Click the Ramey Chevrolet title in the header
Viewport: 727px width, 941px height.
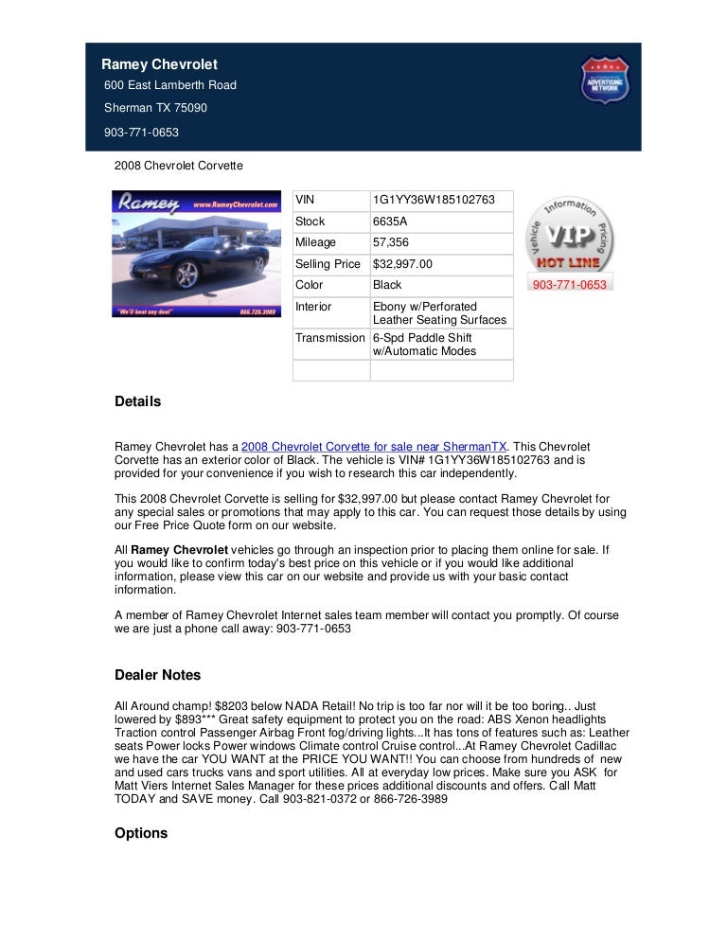(x=160, y=64)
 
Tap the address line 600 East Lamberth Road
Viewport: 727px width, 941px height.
(x=170, y=85)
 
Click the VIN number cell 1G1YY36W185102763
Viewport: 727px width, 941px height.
(x=434, y=201)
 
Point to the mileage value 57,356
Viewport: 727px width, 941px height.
(x=391, y=242)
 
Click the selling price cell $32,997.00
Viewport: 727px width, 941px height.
(x=402, y=264)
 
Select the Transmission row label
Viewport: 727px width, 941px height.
(x=329, y=338)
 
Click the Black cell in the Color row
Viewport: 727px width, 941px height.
(x=387, y=285)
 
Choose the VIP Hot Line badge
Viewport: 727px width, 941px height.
(x=570, y=236)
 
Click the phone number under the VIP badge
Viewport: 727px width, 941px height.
(x=570, y=284)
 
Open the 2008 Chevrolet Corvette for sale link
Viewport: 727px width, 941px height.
(x=375, y=446)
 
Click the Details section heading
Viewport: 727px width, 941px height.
(x=138, y=401)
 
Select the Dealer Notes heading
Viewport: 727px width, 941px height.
(x=158, y=675)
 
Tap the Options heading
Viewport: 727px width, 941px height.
(x=141, y=833)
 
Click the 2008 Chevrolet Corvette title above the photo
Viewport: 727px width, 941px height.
(x=179, y=166)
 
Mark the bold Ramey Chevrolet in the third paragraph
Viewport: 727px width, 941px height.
(x=180, y=549)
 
